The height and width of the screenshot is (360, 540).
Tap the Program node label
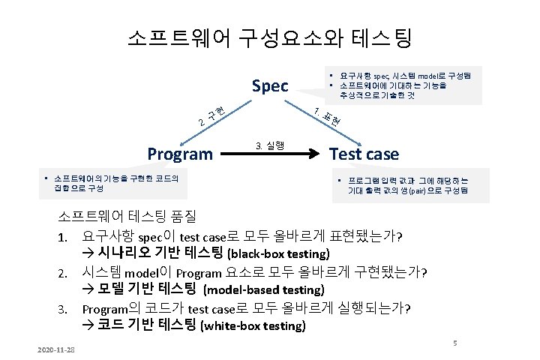[180, 154]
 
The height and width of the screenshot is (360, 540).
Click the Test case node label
[364, 154]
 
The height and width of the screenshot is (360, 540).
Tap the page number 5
[454, 342]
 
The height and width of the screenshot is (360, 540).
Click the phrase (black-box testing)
[278, 253]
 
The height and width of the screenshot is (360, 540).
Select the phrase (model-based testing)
[263, 289]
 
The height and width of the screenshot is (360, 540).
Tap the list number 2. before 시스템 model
[65, 271]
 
